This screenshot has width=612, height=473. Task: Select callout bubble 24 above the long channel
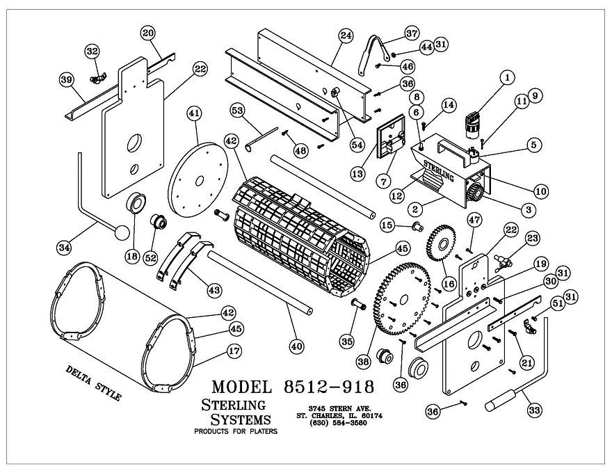(346, 35)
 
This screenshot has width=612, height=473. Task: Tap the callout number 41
(194, 113)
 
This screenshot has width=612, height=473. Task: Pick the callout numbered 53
(236, 111)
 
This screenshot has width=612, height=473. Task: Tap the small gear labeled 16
(440, 243)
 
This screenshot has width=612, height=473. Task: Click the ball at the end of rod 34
(122, 232)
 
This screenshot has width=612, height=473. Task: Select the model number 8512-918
(329, 386)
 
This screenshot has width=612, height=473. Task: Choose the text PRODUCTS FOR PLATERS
(235, 431)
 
